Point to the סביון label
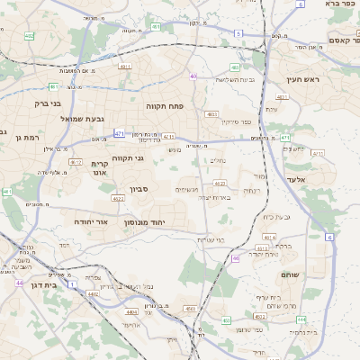pyautogui.click(x=138, y=189)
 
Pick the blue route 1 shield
pyautogui.click(x=72, y=283)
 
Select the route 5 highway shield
pyautogui.click(x=238, y=33)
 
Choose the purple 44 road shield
pyautogui.click(x=18, y=283)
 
